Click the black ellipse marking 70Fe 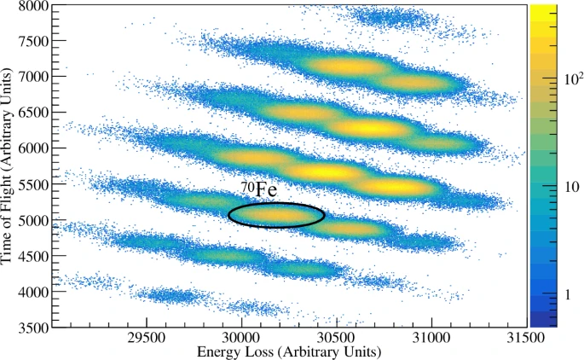tap(276, 215)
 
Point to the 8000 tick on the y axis tap(33, 6)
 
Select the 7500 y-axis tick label tap(33, 41)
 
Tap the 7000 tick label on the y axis tap(33, 77)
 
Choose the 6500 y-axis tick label tap(33, 113)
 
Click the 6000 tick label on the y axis tap(33, 148)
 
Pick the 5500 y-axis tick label tap(33, 184)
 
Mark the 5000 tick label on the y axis tap(33, 220)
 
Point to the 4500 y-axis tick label tap(33, 256)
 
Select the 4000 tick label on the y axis tap(33, 292)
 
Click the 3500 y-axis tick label tap(33, 327)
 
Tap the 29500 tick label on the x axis tap(147, 339)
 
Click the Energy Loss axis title tap(289, 351)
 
